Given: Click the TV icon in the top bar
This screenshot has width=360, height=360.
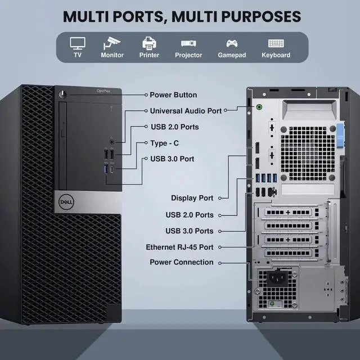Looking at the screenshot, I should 78,43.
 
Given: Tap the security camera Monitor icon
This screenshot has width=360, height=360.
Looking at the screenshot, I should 112,43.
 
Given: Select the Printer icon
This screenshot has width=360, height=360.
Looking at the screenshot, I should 149,43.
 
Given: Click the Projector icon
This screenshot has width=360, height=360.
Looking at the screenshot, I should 188,43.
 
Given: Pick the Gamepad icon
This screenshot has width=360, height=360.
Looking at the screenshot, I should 231,43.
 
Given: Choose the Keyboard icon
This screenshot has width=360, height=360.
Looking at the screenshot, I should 276,43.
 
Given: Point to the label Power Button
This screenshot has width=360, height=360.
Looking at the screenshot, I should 173,95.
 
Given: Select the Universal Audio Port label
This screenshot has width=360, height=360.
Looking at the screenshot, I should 186,111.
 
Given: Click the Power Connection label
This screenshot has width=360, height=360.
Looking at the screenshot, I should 182,262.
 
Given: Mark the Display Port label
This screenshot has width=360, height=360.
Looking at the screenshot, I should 192,198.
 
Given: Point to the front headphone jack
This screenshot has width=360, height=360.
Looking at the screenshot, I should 112,142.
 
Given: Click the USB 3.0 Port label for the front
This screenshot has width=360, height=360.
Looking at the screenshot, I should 172,159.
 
